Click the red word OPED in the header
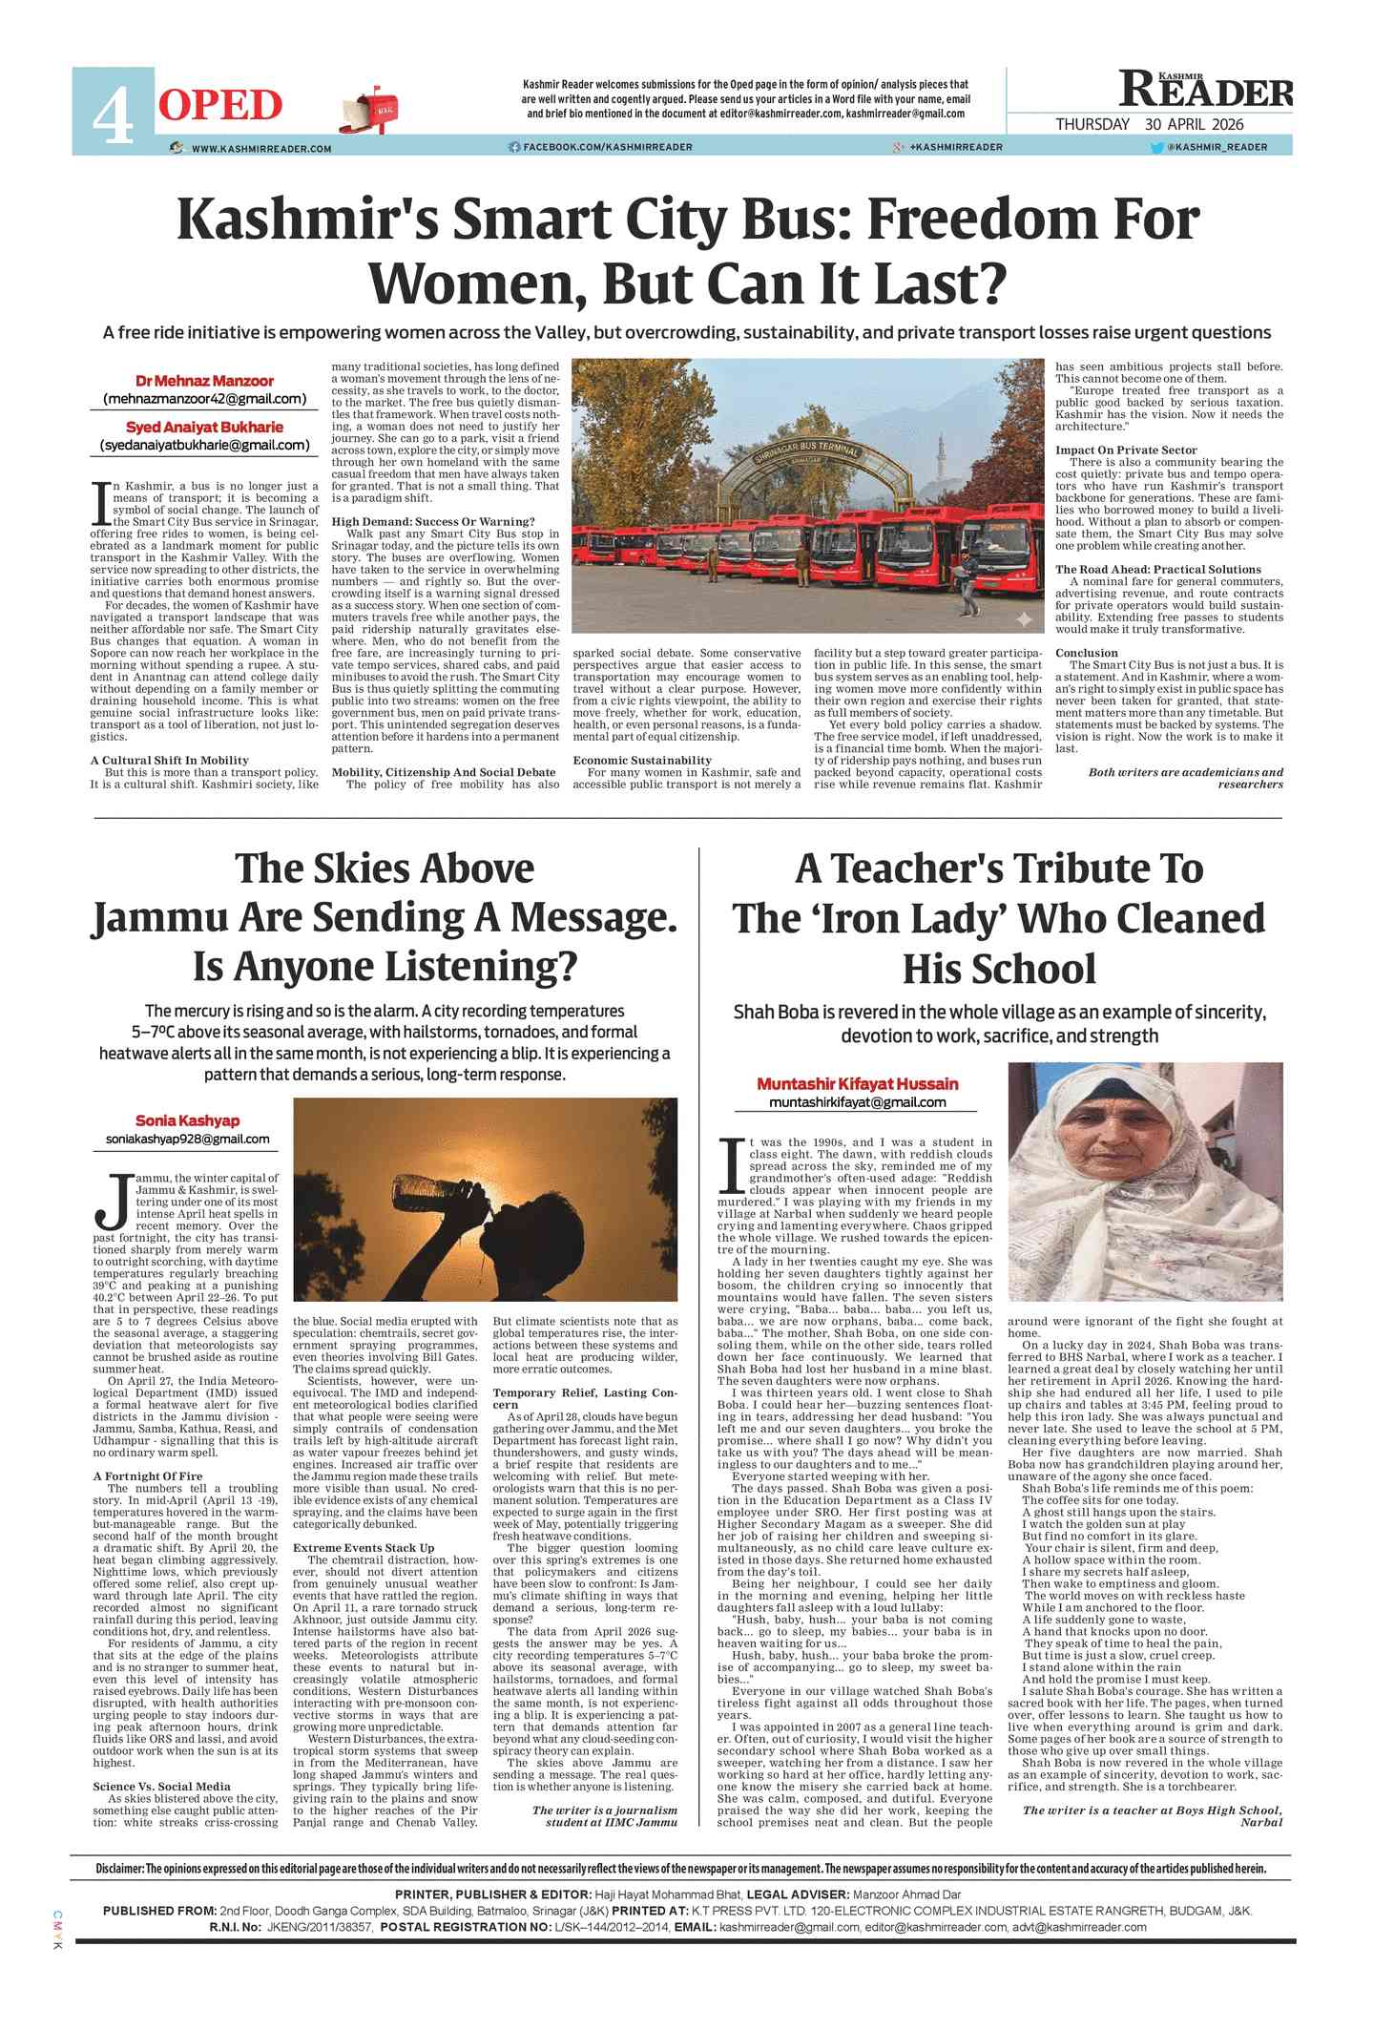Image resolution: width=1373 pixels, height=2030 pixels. [220, 106]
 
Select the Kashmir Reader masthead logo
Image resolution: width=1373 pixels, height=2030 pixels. [1205, 90]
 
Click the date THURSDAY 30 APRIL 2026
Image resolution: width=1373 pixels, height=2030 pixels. [1149, 124]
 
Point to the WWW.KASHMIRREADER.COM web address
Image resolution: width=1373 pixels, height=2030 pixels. [260, 149]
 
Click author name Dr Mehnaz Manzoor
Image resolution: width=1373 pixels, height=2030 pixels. [204, 381]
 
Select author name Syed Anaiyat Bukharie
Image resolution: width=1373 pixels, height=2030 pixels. [204, 427]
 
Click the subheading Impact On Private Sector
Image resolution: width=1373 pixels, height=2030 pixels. [1125, 450]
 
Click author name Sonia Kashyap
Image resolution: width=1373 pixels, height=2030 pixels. [187, 1120]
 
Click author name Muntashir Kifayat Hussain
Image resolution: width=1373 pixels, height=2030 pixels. [857, 1084]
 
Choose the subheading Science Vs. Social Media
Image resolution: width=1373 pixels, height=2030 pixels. [161, 1787]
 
